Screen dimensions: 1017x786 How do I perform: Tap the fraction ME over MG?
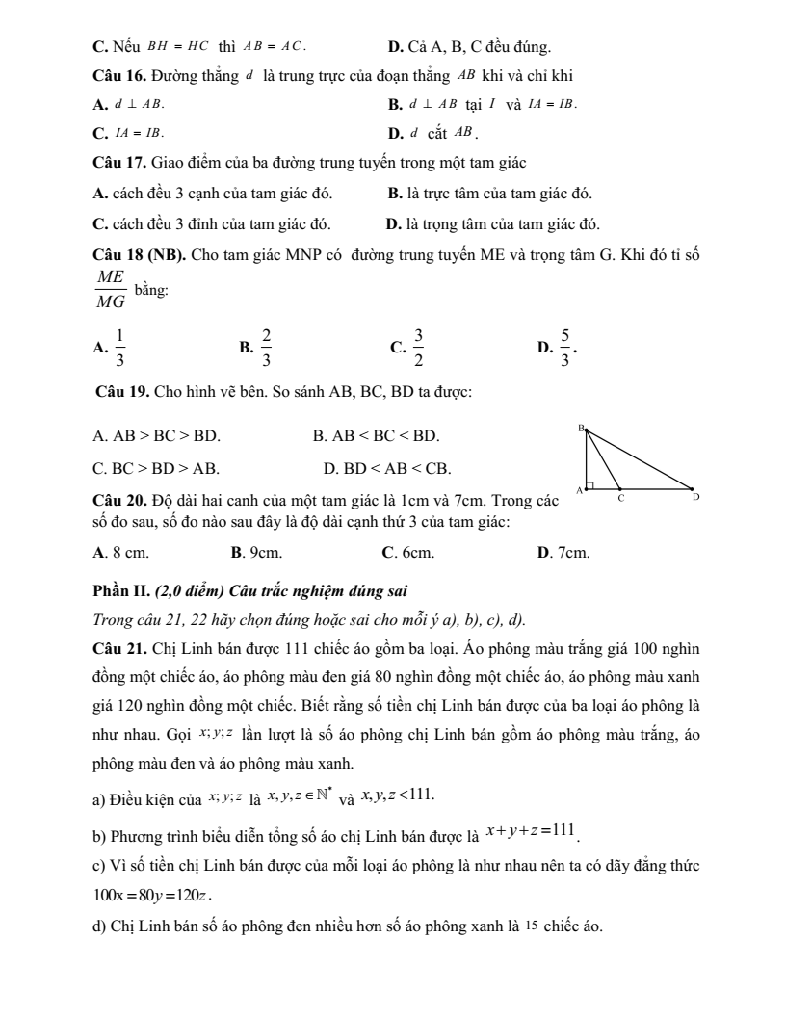(x=111, y=290)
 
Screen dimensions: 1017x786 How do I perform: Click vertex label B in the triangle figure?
(x=582, y=427)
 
